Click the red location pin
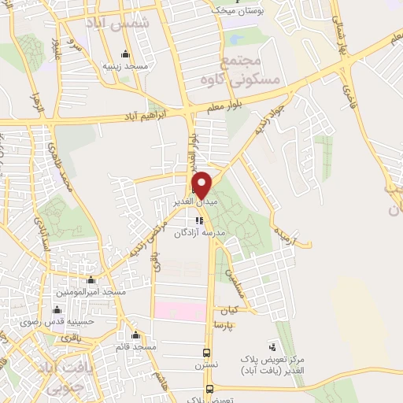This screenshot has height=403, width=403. (201, 183)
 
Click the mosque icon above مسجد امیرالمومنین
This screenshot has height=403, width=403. (91, 280)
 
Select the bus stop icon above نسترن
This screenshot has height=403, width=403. (207, 353)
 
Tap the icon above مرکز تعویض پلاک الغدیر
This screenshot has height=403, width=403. (272, 346)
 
